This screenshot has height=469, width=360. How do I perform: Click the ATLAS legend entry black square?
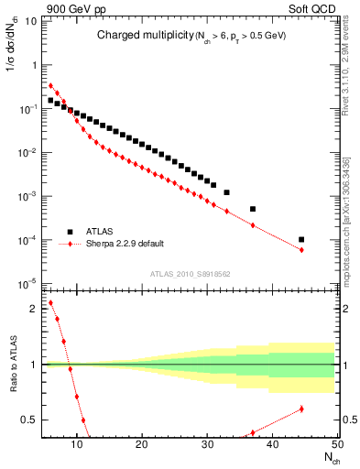click(70, 232)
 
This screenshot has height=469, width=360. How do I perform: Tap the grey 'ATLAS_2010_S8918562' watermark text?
click(190, 273)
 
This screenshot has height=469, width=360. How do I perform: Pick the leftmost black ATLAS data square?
click(50, 101)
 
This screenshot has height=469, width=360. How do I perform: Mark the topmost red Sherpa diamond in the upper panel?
click(50, 86)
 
